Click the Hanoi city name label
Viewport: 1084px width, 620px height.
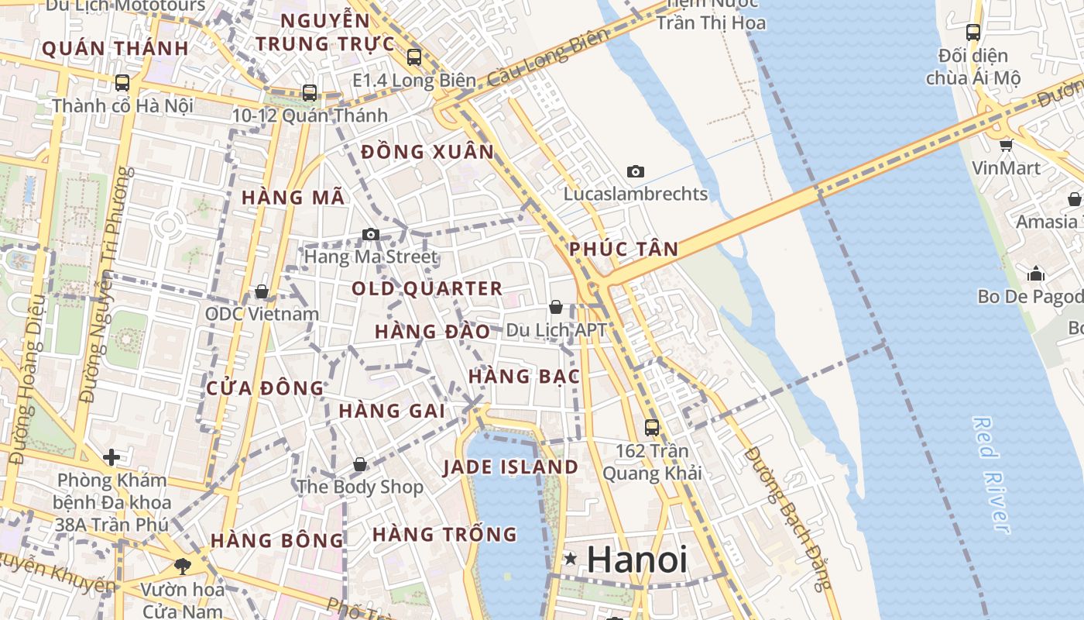pyautogui.click(x=636, y=560)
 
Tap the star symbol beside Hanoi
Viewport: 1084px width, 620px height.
pyautogui.click(x=571, y=558)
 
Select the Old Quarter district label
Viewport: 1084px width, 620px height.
pyautogui.click(x=427, y=289)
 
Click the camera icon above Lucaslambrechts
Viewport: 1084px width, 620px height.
pyautogui.click(x=636, y=171)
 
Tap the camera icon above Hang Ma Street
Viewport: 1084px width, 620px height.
pyautogui.click(x=371, y=234)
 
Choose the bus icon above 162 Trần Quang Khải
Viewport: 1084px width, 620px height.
pyautogui.click(x=652, y=427)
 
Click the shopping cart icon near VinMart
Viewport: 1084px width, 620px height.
pyautogui.click(x=1006, y=144)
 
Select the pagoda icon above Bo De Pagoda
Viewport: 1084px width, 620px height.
pyautogui.click(x=1036, y=274)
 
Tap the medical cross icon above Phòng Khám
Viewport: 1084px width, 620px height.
pyautogui.click(x=111, y=457)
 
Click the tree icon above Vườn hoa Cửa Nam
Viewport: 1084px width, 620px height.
pyautogui.click(x=183, y=567)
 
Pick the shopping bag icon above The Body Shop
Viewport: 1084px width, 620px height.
pyautogui.click(x=360, y=464)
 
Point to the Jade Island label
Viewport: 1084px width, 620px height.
pyautogui.click(x=510, y=467)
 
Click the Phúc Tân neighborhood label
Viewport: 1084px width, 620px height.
pyautogui.click(x=623, y=250)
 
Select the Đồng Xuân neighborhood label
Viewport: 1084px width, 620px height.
pyautogui.click(x=427, y=152)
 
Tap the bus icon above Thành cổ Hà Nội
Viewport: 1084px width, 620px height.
pyautogui.click(x=122, y=82)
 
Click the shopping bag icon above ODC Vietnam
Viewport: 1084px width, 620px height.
pyautogui.click(x=262, y=291)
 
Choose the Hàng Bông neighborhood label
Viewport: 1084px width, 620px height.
pyautogui.click(x=276, y=540)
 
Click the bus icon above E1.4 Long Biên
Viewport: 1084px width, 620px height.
pyautogui.click(x=414, y=57)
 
